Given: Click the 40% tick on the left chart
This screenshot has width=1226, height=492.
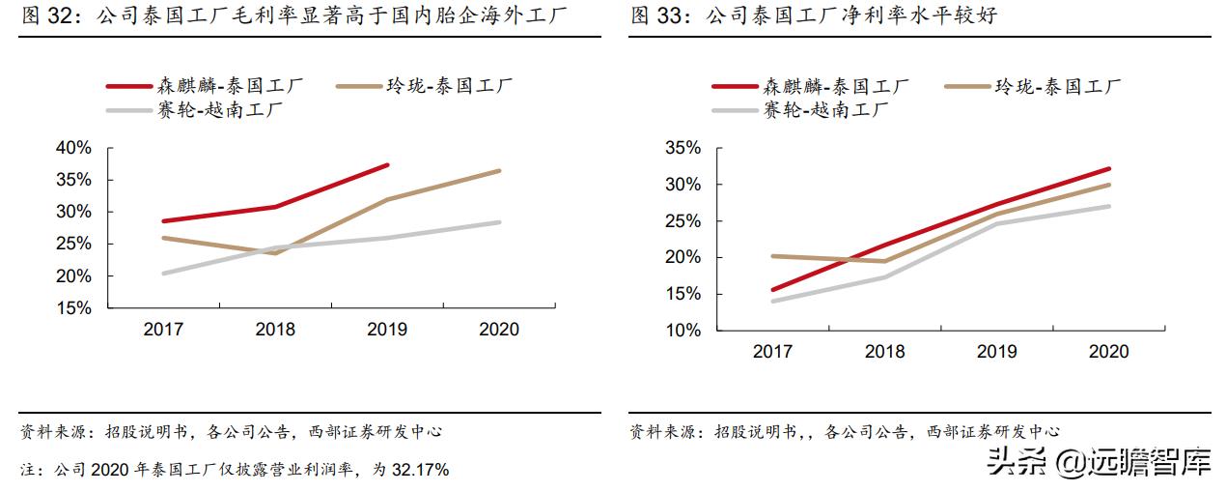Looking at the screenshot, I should pyautogui.click(x=74, y=148).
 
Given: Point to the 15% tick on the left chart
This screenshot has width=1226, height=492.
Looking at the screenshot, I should pyautogui.click(x=74, y=308).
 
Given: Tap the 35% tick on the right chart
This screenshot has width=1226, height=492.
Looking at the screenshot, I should pyautogui.click(x=683, y=148).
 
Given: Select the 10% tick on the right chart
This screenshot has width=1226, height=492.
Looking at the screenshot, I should pyautogui.click(x=683, y=331).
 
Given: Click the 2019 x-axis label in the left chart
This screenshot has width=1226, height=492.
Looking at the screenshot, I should pyautogui.click(x=387, y=330).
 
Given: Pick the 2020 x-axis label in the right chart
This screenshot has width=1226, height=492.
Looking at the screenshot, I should pyautogui.click(x=1108, y=352).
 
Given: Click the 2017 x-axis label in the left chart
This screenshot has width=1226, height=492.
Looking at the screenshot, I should pyautogui.click(x=163, y=330).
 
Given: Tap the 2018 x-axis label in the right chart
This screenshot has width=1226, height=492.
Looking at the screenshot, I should pyautogui.click(x=884, y=352).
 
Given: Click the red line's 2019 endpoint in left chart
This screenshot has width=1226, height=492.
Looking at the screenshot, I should pyautogui.click(x=387, y=165).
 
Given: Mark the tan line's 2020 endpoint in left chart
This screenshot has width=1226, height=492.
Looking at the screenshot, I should pyautogui.click(x=499, y=171).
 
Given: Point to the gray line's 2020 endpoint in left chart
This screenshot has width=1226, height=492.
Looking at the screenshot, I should pyautogui.click(x=499, y=222).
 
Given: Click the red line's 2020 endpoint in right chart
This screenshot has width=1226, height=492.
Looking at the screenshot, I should pyautogui.click(x=1109, y=168).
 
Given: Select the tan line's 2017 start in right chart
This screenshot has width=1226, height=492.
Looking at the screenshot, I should pyautogui.click(x=772, y=256).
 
